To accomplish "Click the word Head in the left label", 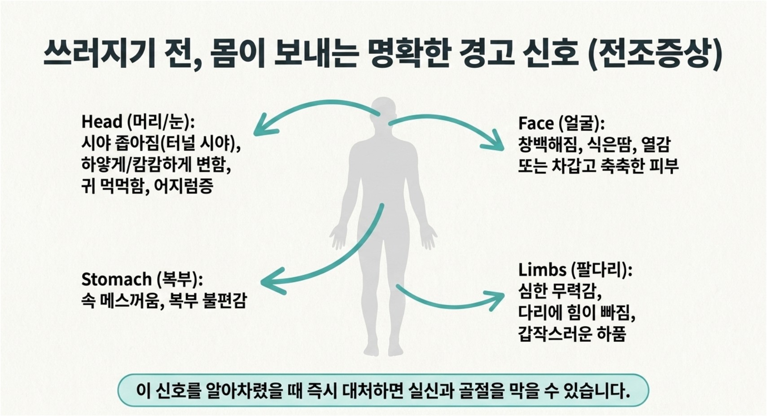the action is click(102, 122).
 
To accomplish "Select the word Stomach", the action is click(116, 279).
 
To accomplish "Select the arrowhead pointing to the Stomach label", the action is click(273, 281).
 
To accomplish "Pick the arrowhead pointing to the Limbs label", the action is click(495, 301).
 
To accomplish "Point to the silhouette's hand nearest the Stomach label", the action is click(338, 236).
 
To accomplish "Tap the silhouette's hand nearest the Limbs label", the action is click(428, 236).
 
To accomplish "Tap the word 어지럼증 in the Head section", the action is click(184, 186).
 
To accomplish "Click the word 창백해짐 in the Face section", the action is click(548, 145).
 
